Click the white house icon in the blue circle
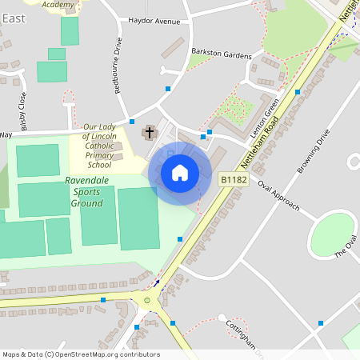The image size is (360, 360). (x=180, y=172)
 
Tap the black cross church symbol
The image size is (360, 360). (x=150, y=131)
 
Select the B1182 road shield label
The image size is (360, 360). (x=234, y=181)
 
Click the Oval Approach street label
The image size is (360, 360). (x=278, y=194)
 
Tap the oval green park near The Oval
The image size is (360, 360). (x=331, y=234)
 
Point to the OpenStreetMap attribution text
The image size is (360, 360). (x=81, y=354)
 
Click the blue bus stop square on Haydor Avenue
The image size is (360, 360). (x=167, y=88)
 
